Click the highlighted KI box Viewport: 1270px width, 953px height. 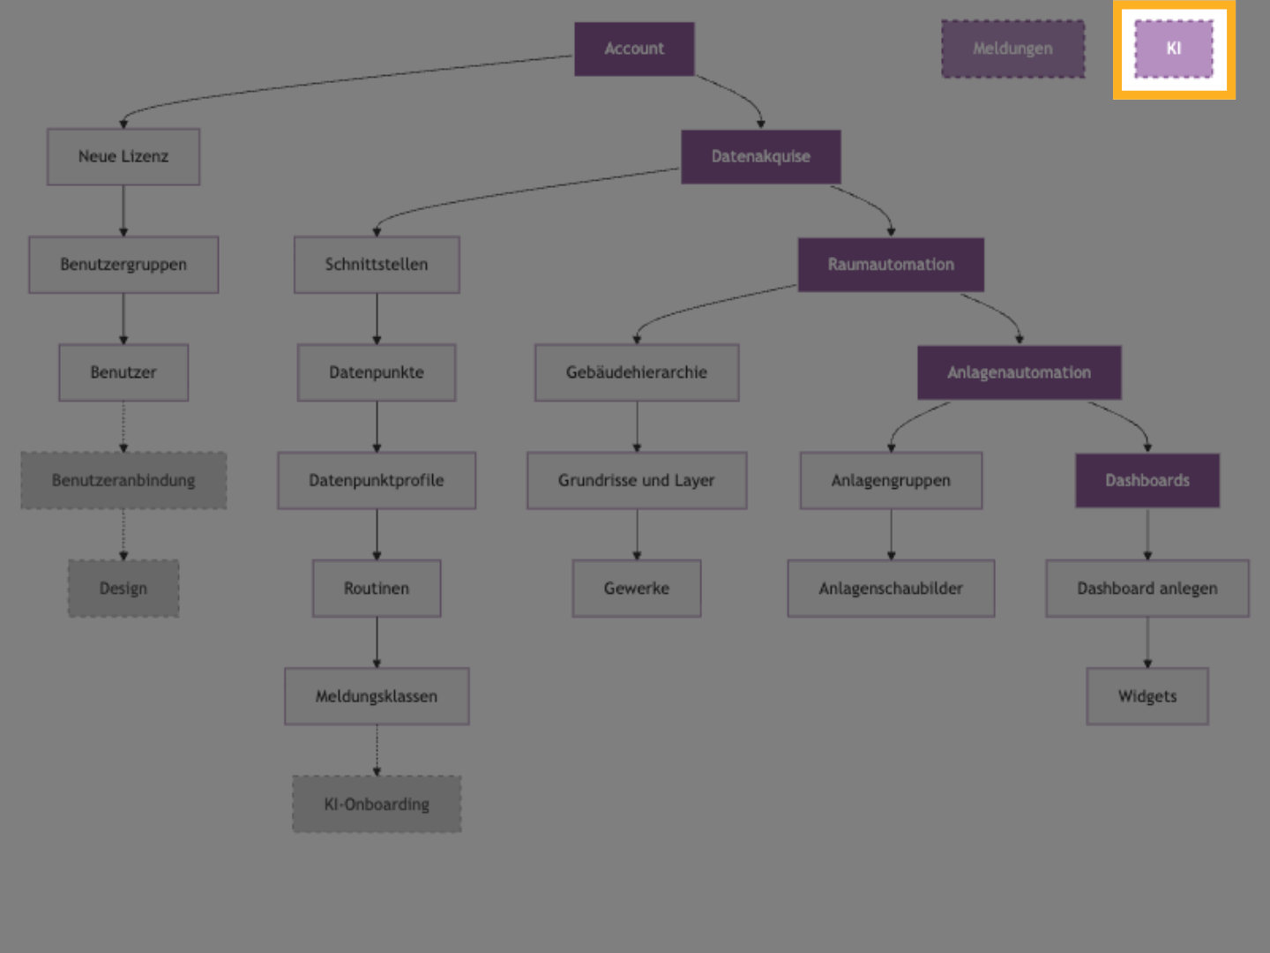click(1173, 49)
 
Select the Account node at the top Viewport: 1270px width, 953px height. click(634, 49)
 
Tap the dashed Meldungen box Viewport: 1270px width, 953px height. click(1012, 49)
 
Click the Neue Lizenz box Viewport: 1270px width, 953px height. click(123, 157)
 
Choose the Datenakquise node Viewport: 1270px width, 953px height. click(760, 157)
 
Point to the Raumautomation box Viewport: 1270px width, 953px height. click(891, 265)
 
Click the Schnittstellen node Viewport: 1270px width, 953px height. click(377, 265)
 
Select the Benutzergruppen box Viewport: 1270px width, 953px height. click(123, 265)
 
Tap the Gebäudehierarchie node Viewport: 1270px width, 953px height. click(637, 372)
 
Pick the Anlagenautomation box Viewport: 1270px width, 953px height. click(1019, 372)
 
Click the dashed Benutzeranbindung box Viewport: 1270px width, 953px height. click(123, 481)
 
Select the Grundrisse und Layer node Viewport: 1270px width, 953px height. click(637, 481)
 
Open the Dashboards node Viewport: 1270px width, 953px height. click(1147, 481)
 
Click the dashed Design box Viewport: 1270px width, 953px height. click(123, 589)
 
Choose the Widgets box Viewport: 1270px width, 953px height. click(1147, 696)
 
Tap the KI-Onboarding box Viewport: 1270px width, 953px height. click(377, 804)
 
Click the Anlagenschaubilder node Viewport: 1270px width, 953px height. click(891, 589)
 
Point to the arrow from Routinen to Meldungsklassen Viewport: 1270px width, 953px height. click(377, 642)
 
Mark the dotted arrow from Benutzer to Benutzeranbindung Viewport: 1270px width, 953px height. click(123, 427)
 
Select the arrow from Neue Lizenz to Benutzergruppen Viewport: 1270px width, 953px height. click(123, 211)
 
